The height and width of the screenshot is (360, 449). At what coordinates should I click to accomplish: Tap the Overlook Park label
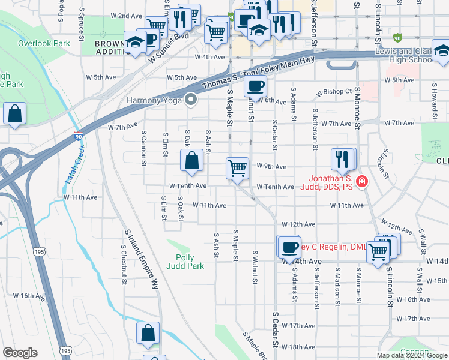pos(44,43)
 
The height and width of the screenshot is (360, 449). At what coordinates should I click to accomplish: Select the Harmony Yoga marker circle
pos(191,100)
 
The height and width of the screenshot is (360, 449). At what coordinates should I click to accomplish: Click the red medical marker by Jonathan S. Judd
pos(361,182)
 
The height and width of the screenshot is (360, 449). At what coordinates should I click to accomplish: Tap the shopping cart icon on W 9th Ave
pos(238,167)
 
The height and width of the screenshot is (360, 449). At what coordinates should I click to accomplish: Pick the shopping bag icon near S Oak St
pos(191,160)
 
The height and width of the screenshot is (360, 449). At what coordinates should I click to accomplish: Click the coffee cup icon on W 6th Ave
pos(255,86)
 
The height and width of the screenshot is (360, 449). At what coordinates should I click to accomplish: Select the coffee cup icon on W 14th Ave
pos(289,247)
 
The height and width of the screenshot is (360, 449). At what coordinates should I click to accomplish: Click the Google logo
pos(20,353)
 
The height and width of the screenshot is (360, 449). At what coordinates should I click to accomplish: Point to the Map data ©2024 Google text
pos(411,355)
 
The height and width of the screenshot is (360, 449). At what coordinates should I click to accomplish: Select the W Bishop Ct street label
pos(334,92)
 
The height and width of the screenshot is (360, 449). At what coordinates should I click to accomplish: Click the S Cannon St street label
pos(144,148)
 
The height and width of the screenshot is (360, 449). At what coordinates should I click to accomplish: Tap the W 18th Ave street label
pos(298,347)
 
